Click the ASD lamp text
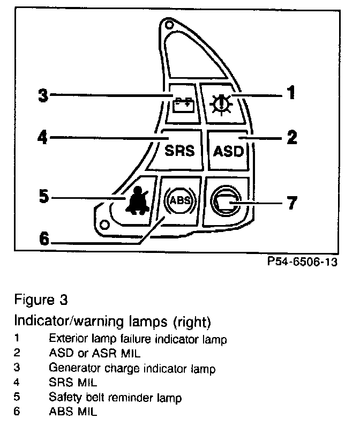point(229,151)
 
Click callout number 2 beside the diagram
point(291,138)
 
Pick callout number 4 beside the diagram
point(42,138)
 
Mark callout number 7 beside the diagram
point(291,204)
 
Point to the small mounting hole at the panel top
point(169,25)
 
